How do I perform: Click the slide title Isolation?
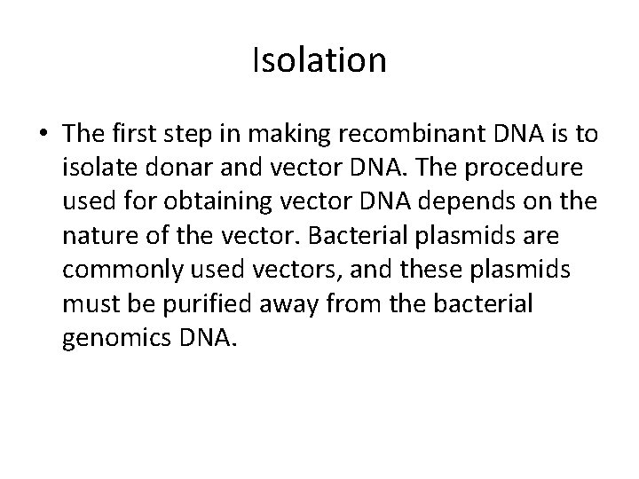point(319,61)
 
